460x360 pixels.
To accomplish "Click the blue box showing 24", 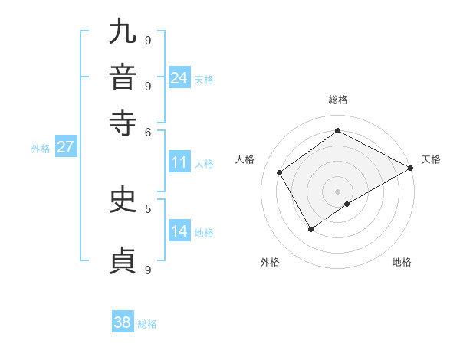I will click(x=179, y=78).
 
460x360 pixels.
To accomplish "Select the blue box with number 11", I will click(x=179, y=162).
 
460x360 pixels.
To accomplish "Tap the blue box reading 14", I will click(x=179, y=231).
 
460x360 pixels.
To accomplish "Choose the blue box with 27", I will click(x=65, y=147).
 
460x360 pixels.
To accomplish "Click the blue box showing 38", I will click(x=122, y=322).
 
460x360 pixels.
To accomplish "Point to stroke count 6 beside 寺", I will click(x=148, y=131).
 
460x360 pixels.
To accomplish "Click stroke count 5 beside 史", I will click(x=148, y=208).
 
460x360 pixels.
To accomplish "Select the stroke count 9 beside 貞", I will click(x=148, y=270).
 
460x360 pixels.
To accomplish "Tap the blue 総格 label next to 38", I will click(x=147, y=324).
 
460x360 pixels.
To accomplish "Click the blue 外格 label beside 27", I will click(x=41, y=149).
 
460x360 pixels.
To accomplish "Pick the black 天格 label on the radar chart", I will click(x=431, y=159).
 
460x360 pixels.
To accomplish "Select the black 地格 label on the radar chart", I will click(x=402, y=262).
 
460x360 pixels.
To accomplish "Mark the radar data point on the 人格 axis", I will click(x=280, y=172).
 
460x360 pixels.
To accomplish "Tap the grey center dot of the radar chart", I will click(x=337, y=191).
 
